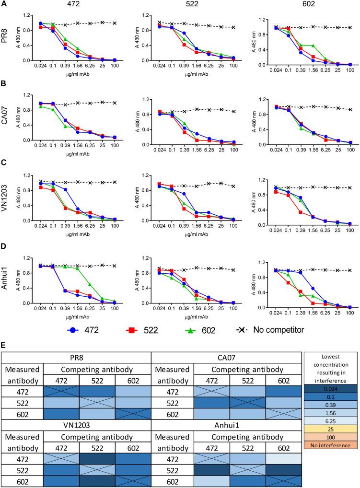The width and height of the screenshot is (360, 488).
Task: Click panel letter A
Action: point(4,4)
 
